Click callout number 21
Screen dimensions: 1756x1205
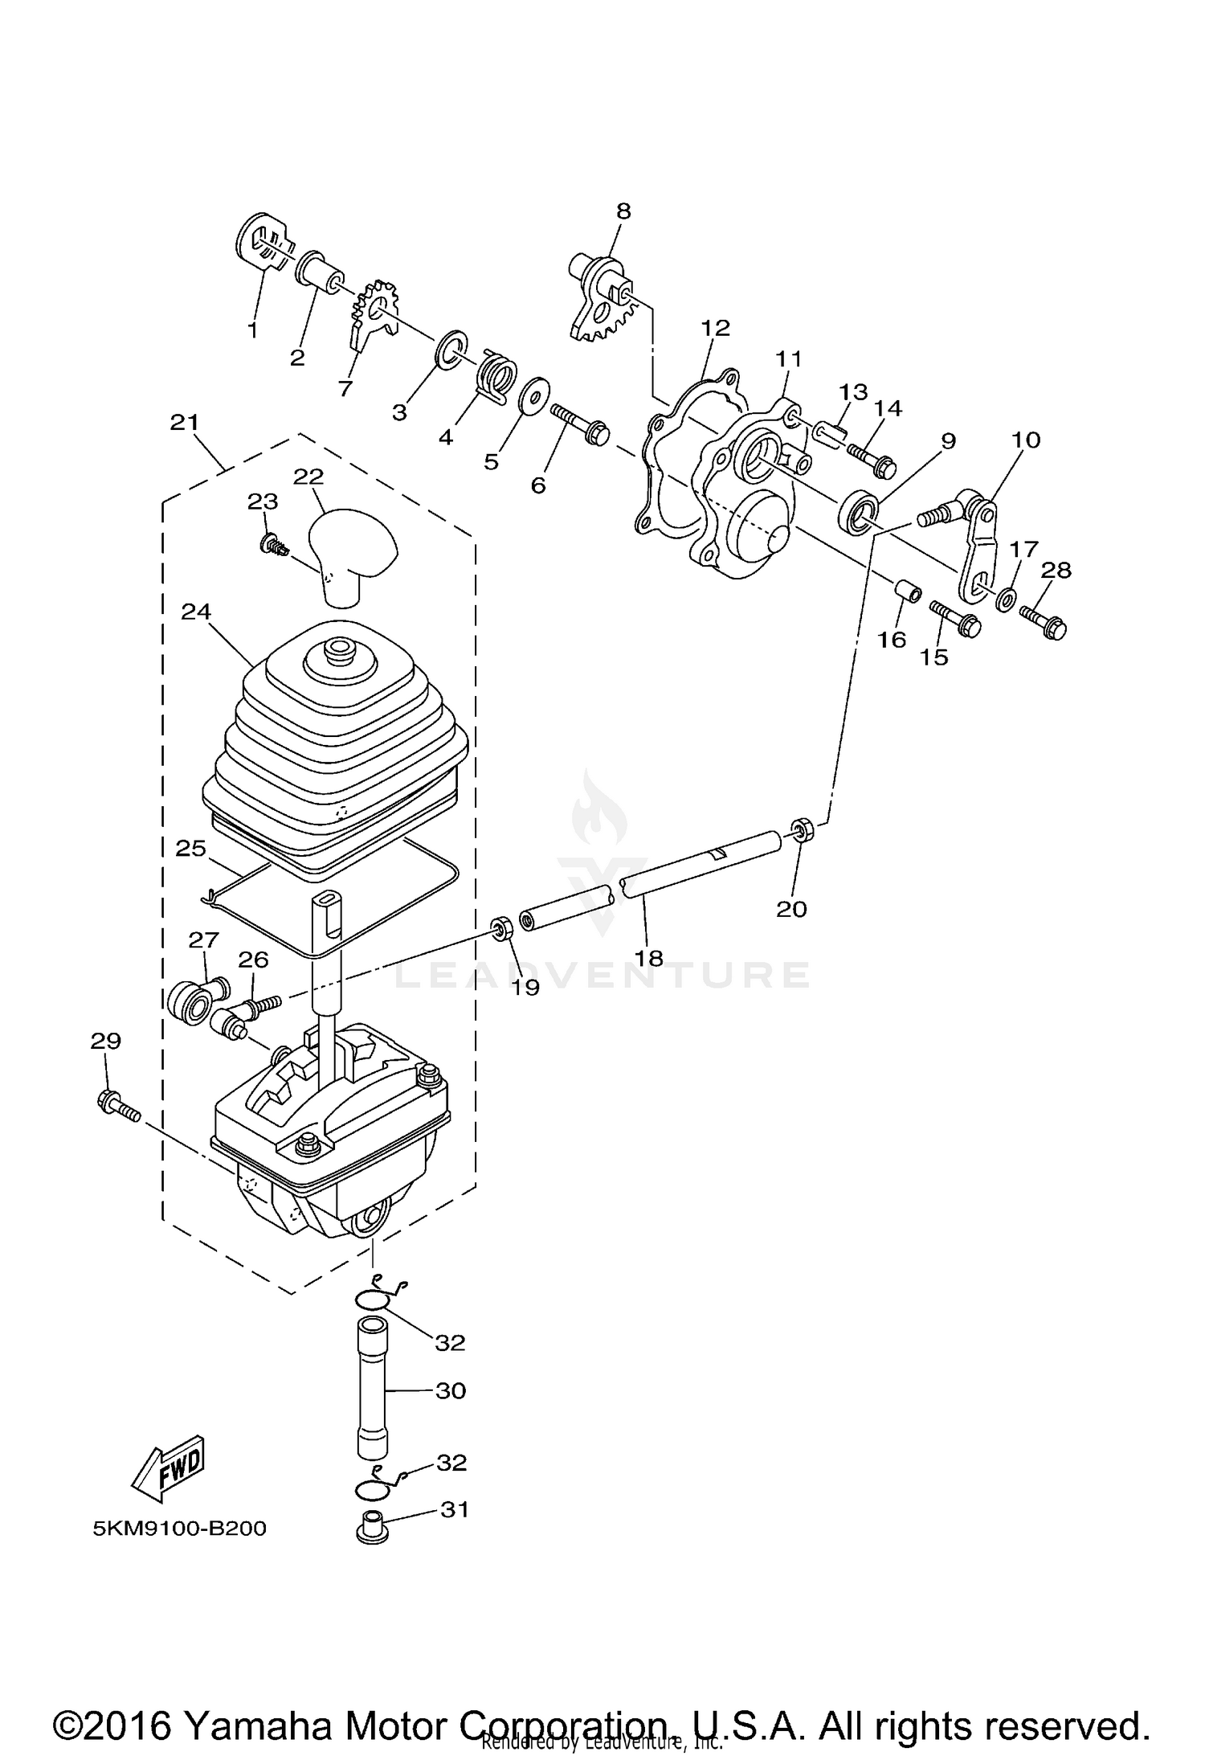pos(184,422)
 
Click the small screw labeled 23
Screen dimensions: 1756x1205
pos(272,546)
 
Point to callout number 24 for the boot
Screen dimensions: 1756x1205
pos(196,611)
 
